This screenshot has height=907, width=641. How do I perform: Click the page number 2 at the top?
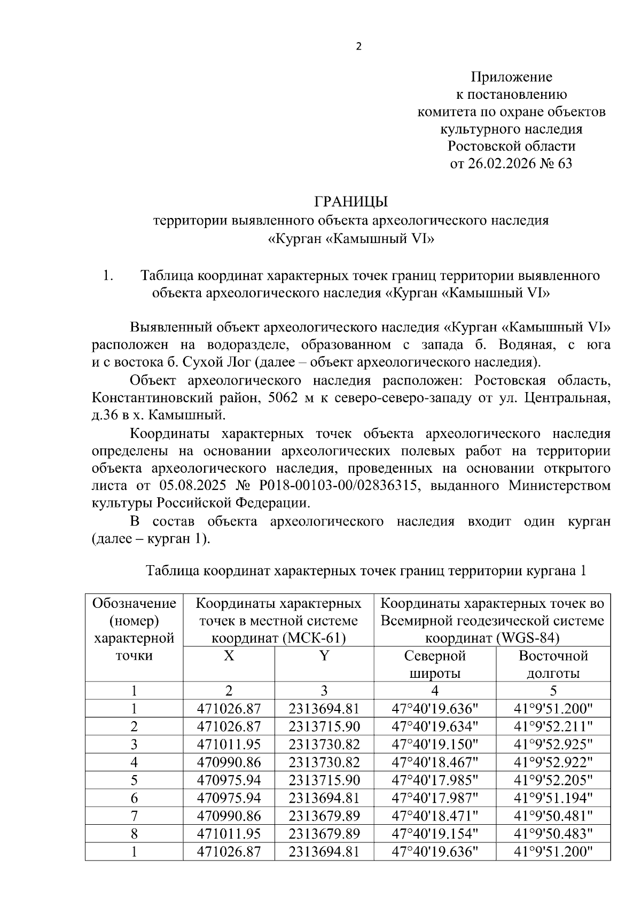[358, 47]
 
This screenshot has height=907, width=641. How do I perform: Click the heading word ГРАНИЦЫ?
[351, 202]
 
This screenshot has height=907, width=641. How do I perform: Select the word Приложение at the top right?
[511, 77]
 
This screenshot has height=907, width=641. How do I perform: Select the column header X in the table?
[229, 656]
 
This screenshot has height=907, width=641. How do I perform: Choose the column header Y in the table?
[324, 656]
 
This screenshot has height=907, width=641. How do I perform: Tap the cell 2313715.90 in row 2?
[324, 726]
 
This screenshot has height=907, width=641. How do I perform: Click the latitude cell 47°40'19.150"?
[435, 744]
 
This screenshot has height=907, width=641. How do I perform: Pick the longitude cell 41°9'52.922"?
[553, 762]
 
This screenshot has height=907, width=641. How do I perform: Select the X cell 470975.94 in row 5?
[229, 780]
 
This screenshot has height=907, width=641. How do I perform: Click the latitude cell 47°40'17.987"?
[435, 797]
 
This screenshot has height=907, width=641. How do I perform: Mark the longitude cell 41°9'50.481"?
[553, 816]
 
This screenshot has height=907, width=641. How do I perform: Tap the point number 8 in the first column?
[134, 833]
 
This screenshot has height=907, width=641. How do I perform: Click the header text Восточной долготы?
[553, 664]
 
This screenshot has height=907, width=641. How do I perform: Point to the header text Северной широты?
[435, 664]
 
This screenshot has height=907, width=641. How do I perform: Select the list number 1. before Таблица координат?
[108, 276]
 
